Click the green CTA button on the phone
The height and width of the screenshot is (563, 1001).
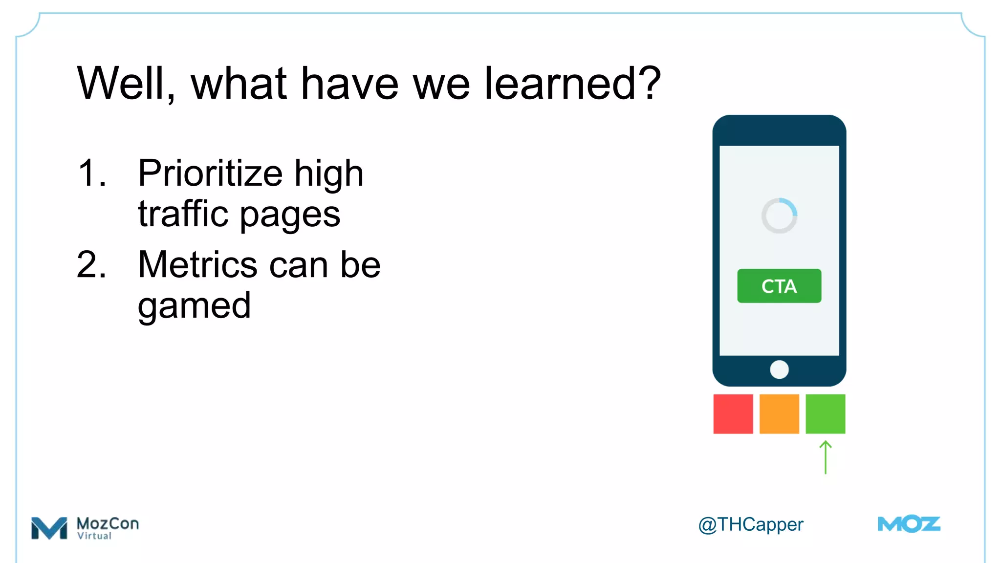[779, 286]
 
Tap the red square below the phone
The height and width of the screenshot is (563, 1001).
[733, 414]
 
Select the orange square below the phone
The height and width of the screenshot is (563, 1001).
[779, 414]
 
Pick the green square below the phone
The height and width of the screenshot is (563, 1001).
[825, 414]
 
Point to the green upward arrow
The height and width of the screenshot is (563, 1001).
[825, 457]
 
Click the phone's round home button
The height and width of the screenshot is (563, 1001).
[779, 369]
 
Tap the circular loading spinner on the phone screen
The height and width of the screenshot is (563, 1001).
[779, 216]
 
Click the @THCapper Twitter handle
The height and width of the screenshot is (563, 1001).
[750, 525]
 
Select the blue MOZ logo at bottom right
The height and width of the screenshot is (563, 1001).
[909, 524]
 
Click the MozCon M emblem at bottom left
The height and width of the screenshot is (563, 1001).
[49, 528]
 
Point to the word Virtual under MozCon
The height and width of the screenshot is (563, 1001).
[94, 536]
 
